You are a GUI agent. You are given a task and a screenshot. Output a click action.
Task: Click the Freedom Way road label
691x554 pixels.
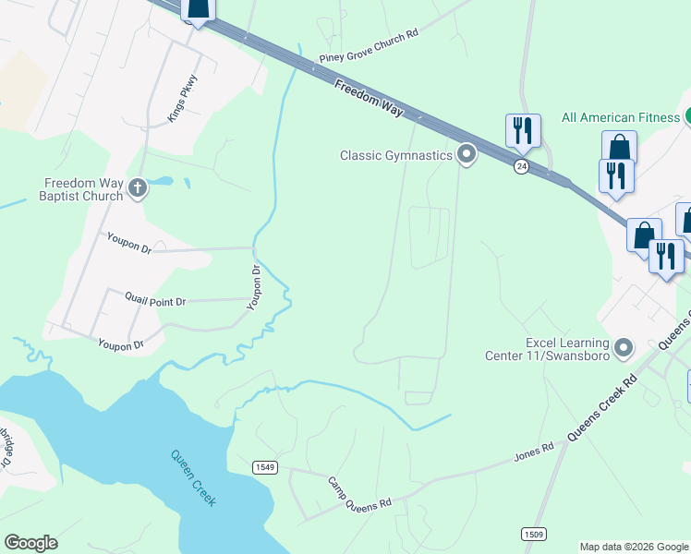point(369,98)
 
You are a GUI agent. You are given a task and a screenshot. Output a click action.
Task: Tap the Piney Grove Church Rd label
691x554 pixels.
point(369,44)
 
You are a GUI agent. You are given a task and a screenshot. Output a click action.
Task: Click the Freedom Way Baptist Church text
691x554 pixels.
point(81,189)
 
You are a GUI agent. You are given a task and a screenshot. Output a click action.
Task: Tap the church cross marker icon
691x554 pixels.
point(138,189)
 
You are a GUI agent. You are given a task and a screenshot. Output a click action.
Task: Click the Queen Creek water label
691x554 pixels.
point(194,477)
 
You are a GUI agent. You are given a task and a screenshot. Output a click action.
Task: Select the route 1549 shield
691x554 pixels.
point(264,467)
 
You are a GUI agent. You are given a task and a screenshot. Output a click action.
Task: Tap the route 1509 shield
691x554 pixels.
point(533,534)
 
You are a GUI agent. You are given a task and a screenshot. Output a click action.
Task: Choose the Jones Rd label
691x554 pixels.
point(534,452)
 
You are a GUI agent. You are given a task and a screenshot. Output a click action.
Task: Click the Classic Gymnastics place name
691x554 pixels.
point(396,155)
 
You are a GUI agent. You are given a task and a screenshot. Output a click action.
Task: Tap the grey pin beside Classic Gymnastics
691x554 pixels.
point(467,154)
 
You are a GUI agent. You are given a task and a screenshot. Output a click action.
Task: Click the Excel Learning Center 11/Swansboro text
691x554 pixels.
point(551,348)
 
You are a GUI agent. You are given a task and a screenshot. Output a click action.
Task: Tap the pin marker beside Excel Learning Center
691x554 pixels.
point(624,348)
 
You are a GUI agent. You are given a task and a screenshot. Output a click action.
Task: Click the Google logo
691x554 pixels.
point(30,543)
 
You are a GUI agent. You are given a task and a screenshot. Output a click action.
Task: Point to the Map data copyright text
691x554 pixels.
point(635,547)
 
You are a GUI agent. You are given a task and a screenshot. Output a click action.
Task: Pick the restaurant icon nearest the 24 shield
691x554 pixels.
point(523,130)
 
